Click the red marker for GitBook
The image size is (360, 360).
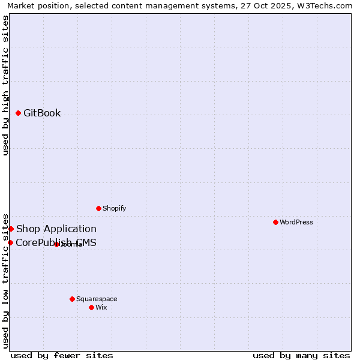click(x=18, y=113)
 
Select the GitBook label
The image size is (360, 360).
click(x=42, y=113)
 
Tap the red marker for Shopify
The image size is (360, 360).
click(x=98, y=208)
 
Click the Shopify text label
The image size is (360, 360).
click(x=114, y=208)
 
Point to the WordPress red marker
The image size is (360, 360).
click(x=275, y=222)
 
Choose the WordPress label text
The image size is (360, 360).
click(x=296, y=222)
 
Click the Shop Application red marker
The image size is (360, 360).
click(x=11, y=229)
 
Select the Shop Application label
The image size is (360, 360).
click(x=56, y=229)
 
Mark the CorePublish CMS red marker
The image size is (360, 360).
click(x=10, y=242)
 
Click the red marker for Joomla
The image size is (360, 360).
click(x=56, y=244)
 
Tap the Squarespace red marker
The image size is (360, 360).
click(x=72, y=299)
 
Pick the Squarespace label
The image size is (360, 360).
click(x=97, y=299)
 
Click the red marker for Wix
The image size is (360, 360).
click(x=91, y=307)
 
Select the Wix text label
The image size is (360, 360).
click(x=101, y=307)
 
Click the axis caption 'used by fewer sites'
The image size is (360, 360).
click(x=61, y=355)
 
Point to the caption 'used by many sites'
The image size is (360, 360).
click(x=301, y=355)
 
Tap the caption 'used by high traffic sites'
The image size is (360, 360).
click(x=5, y=85)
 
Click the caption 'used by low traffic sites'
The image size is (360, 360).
click(x=5, y=280)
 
